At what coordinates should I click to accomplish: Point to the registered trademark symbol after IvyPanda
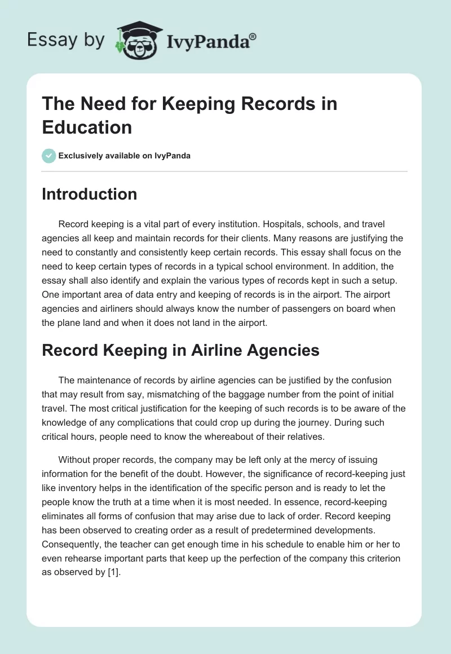(253, 37)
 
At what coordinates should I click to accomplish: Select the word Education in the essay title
(87, 127)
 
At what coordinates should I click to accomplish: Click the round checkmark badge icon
(49, 156)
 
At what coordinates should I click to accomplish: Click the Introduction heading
(89, 194)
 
